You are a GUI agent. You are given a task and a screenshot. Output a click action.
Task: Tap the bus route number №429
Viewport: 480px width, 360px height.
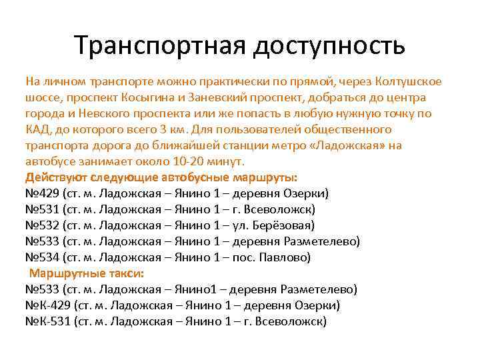tap(41, 193)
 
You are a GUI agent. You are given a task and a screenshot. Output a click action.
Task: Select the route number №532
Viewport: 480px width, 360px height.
tap(41, 225)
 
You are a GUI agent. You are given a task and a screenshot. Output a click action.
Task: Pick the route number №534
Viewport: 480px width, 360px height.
tap(41, 257)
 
